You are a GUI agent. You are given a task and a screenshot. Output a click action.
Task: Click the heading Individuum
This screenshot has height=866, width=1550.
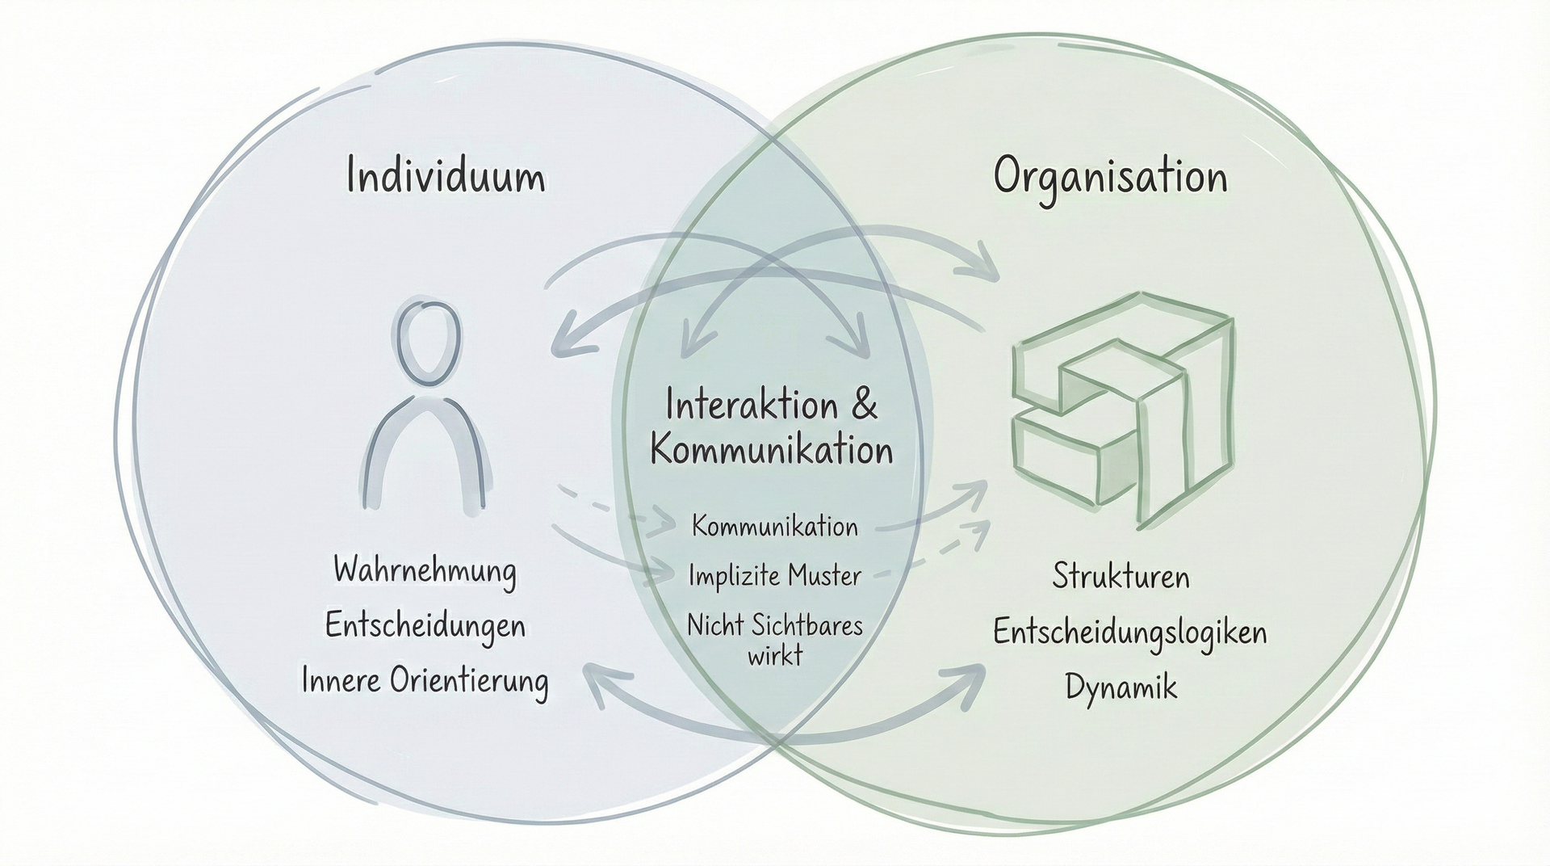(446, 176)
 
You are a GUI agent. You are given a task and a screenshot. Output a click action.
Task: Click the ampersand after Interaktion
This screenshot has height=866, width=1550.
(865, 406)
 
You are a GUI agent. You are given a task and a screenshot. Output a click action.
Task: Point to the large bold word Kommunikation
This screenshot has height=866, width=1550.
(772, 450)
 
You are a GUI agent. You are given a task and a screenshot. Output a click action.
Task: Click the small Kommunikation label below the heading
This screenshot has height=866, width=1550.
(774, 527)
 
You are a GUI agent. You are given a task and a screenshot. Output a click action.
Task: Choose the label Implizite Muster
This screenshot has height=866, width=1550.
(774, 576)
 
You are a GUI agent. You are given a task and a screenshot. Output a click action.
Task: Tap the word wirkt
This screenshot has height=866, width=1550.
(775, 654)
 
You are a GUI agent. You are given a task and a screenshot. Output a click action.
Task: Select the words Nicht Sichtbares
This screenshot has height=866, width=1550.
(774, 625)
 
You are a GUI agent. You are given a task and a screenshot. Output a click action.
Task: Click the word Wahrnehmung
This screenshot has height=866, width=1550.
(425, 571)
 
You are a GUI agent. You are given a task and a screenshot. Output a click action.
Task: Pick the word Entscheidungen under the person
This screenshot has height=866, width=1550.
(425, 626)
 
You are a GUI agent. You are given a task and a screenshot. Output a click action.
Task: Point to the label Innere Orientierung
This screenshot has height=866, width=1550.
(425, 680)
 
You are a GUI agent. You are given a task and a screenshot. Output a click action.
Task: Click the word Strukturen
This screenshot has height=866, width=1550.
(1121, 577)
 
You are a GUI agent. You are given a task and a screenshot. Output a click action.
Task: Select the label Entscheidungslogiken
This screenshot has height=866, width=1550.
(1129, 633)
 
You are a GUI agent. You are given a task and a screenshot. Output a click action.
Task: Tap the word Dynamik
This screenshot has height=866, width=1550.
(1121, 687)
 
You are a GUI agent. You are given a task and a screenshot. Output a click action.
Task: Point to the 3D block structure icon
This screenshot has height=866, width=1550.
(1124, 408)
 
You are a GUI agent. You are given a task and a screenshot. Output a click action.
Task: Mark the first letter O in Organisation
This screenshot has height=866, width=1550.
(1010, 177)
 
